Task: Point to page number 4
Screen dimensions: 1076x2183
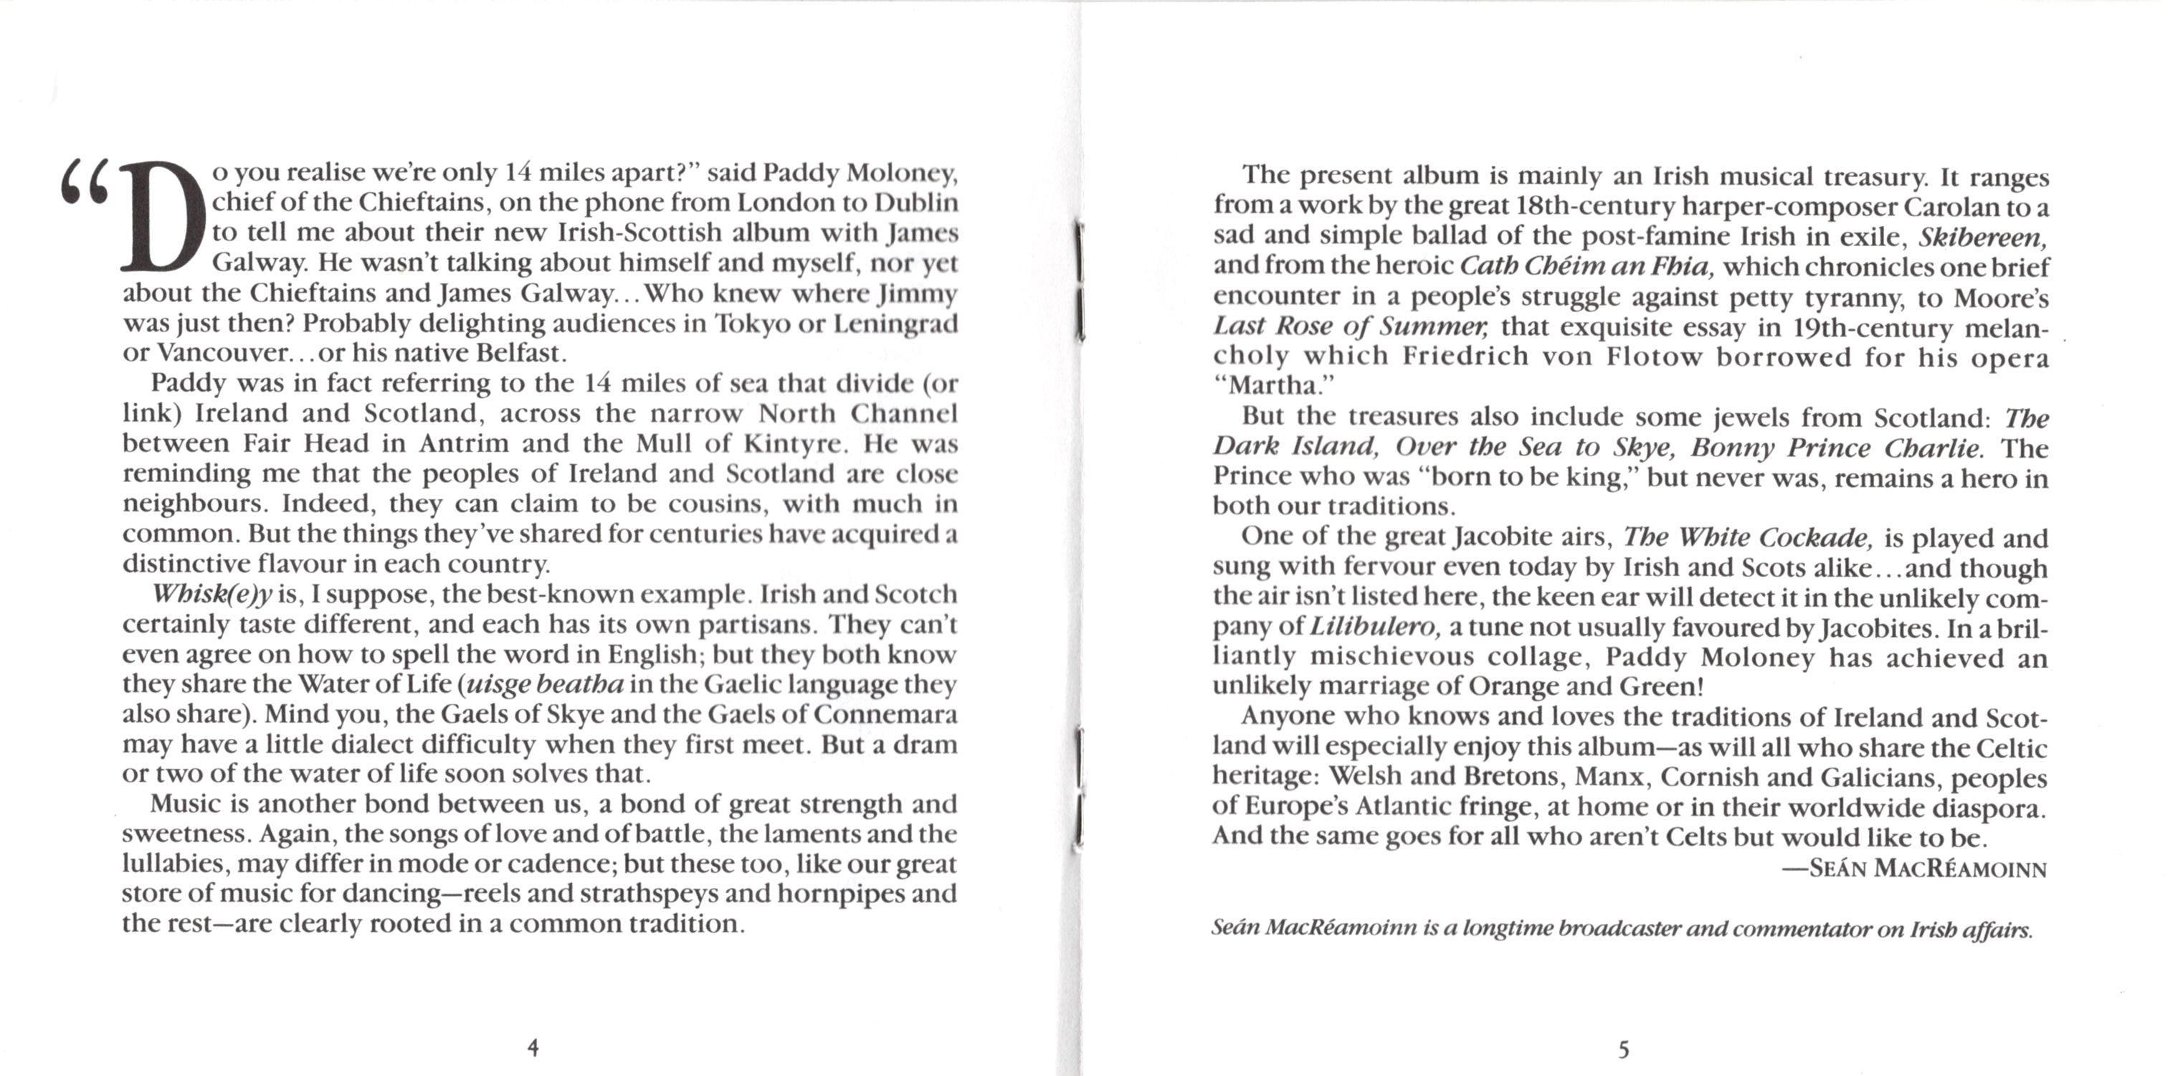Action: click(x=533, y=1048)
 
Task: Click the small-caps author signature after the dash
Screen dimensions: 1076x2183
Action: click(x=1927, y=869)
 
